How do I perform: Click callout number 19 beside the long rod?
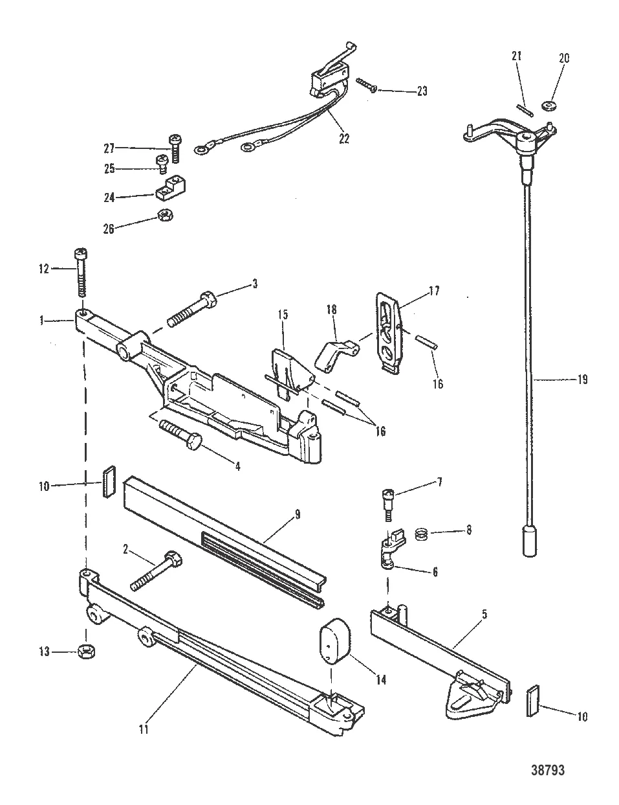[x=581, y=380]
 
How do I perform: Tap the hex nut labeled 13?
[x=84, y=651]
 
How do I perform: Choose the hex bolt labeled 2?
[x=157, y=569]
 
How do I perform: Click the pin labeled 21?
[x=525, y=106]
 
